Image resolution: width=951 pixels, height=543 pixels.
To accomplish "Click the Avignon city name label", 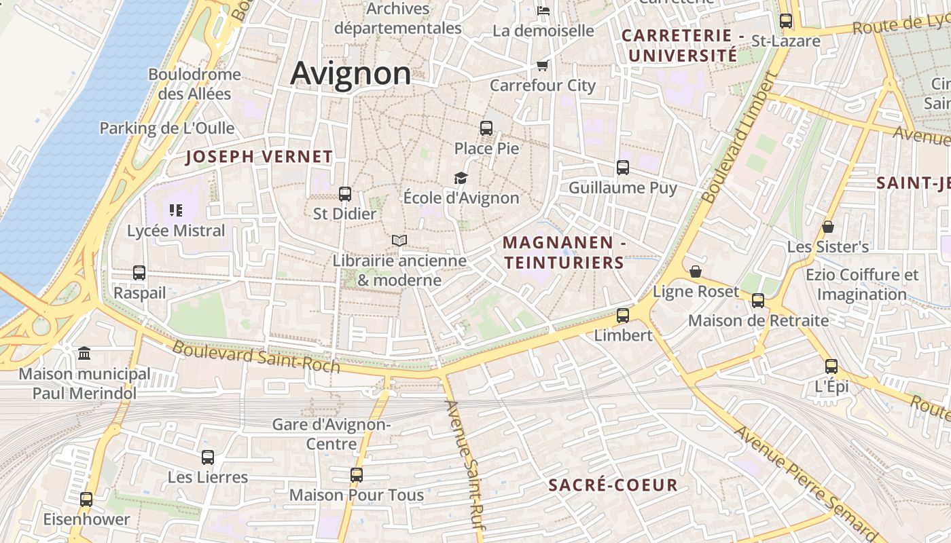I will tap(351, 73).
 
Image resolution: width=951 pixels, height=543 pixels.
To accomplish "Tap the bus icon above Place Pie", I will tap(486, 128).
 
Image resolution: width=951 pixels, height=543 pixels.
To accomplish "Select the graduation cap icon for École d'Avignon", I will tap(461, 178).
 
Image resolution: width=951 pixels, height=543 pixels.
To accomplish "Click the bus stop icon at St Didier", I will tap(344, 193).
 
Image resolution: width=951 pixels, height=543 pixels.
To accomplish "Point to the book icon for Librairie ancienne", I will tap(399, 240).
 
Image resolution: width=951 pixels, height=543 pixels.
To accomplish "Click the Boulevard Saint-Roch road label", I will tap(255, 356).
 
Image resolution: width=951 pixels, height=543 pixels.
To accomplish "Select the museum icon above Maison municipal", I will tap(84, 353).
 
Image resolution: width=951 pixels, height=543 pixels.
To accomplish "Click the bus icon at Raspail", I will tap(139, 273).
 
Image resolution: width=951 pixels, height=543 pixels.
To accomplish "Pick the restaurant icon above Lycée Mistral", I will tap(176, 210).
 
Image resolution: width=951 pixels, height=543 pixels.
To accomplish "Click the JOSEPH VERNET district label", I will tap(259, 157).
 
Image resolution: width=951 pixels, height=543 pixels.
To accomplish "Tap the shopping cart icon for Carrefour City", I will tap(542, 65).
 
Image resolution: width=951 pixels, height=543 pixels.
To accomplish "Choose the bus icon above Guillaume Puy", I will tap(622, 167).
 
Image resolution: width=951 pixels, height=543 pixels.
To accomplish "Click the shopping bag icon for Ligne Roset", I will tap(696, 271).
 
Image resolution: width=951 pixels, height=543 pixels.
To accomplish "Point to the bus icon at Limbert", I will tap(622, 315).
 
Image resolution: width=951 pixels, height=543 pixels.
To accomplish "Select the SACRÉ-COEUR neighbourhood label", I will tap(613, 485).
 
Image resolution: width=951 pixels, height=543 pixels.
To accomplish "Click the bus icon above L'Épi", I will tap(831, 367).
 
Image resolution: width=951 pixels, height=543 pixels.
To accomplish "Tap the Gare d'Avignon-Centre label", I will tap(331, 434).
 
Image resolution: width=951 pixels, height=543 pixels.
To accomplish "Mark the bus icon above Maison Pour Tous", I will tap(357, 475).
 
